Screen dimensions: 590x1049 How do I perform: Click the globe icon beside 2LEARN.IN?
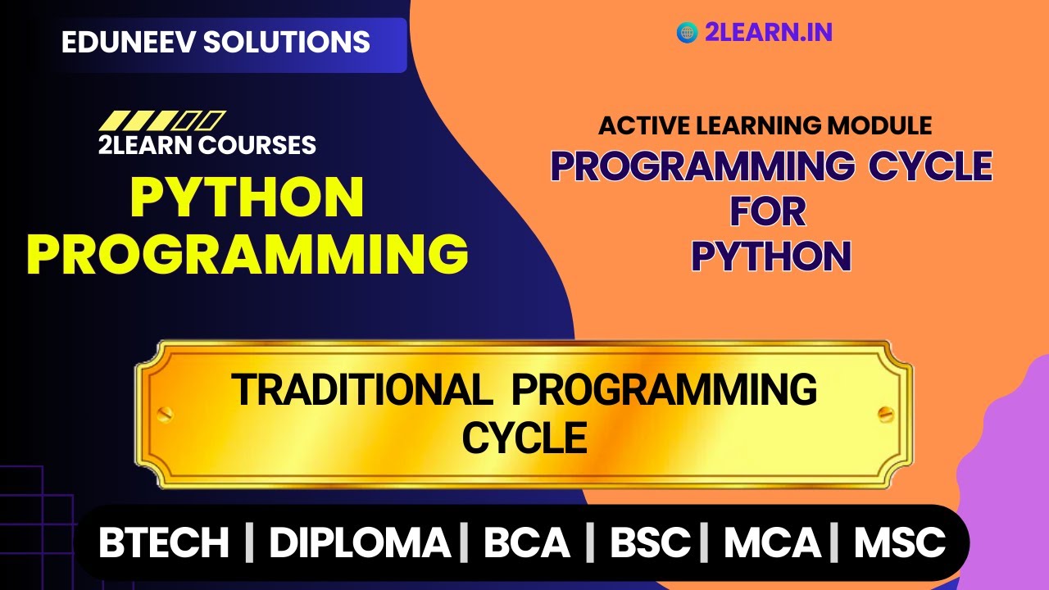(x=687, y=33)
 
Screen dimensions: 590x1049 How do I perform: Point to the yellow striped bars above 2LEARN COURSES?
(x=161, y=121)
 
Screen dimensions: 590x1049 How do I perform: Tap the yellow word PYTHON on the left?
(x=247, y=198)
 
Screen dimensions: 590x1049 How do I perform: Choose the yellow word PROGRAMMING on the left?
(x=247, y=254)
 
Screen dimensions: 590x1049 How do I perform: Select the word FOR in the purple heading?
(x=768, y=212)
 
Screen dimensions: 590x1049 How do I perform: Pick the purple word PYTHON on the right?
(x=771, y=256)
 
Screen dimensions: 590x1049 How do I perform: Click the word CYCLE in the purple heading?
(x=930, y=167)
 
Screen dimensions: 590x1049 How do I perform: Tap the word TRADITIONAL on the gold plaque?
(x=361, y=390)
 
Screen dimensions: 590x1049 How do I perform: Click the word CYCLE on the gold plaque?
(x=524, y=438)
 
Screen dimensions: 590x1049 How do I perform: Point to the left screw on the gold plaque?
(x=163, y=412)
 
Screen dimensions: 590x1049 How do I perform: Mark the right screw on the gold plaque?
(x=884, y=412)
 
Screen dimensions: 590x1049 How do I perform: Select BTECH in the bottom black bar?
(x=164, y=543)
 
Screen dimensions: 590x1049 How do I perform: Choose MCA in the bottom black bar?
(x=772, y=543)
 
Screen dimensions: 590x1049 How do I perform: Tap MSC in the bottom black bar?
(x=900, y=543)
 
